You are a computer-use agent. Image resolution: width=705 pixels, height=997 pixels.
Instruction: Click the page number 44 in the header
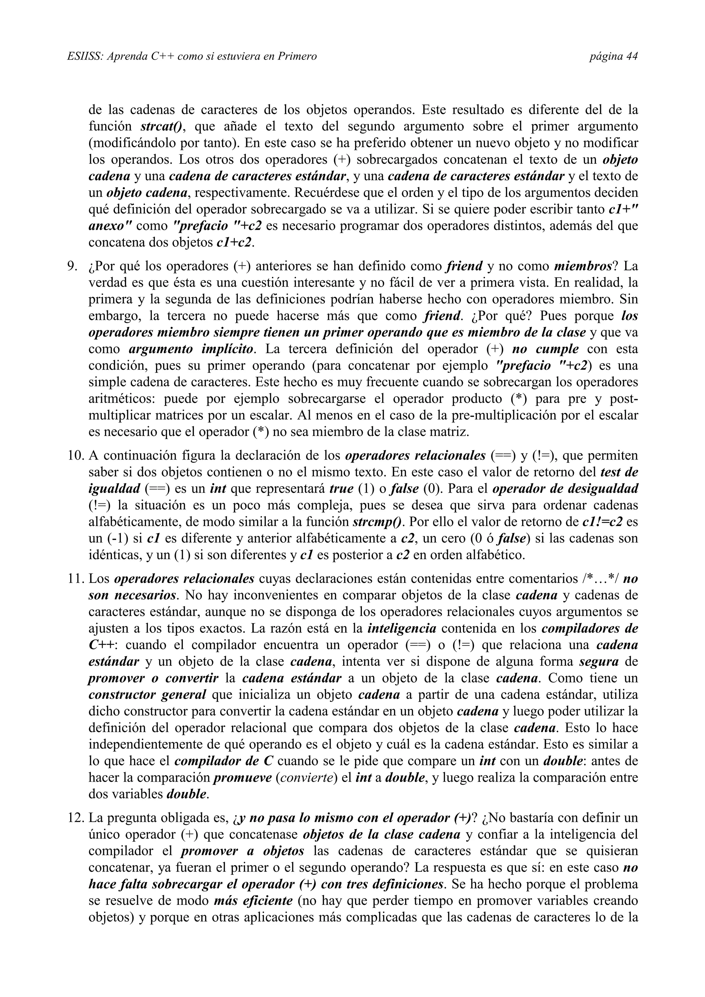(632, 56)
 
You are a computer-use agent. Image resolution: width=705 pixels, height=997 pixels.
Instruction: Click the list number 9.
(73, 266)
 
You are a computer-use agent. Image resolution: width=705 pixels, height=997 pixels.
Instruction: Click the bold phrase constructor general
(147, 695)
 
